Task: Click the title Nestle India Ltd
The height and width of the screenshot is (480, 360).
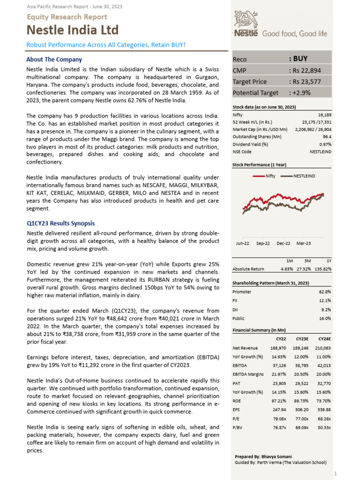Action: pos(73,30)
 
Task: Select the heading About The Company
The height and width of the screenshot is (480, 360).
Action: pos(54,60)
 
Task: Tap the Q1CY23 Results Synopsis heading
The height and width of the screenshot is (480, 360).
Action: pos(60,223)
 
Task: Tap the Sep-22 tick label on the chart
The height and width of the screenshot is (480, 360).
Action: pos(263,243)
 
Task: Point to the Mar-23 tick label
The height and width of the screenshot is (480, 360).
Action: pos(303,243)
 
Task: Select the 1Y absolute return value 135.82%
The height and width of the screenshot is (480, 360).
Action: pos(323,269)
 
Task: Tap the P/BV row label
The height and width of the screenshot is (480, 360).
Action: pos(238,427)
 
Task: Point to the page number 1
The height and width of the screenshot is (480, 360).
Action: pos(349,474)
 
